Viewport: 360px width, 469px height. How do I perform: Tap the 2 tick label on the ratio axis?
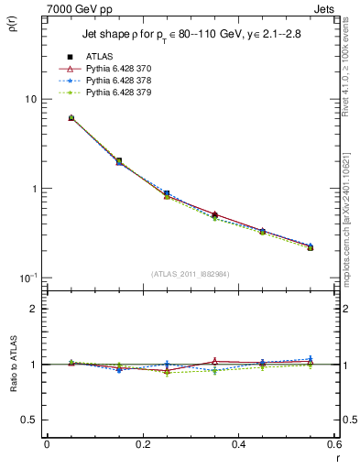coord(34,310)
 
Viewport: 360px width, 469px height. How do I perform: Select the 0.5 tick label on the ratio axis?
coord(29,420)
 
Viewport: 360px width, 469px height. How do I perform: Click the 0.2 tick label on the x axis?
coord(142,445)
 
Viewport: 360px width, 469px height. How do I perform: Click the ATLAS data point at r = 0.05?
coord(71,118)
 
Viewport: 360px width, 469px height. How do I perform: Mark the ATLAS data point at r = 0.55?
coord(311,247)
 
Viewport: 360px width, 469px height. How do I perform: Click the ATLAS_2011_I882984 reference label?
coord(190,273)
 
